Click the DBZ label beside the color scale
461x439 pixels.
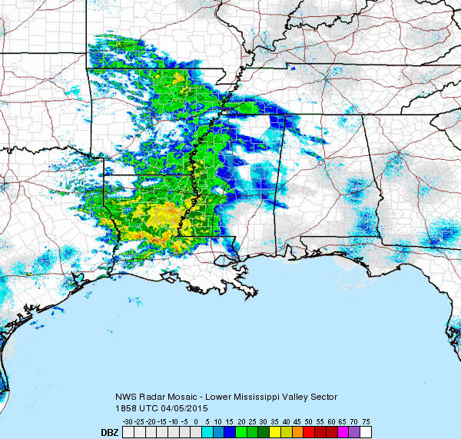pyautogui.click(x=110, y=433)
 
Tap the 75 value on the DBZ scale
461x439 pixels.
pyautogui.click(x=366, y=422)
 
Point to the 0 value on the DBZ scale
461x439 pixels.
pyautogui.click(x=196, y=422)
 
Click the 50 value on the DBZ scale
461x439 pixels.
pyautogui.click(x=308, y=422)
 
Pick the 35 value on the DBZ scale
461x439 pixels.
pyautogui.click(x=274, y=422)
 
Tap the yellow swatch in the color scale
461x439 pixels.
pyautogui.click(x=274, y=432)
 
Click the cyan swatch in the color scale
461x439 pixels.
pyautogui.click(x=205, y=432)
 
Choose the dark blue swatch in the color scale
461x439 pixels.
pyautogui.click(x=228, y=432)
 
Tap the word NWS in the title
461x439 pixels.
pyautogui.click(x=124, y=397)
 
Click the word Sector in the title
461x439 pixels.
pyautogui.click(x=322, y=397)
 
